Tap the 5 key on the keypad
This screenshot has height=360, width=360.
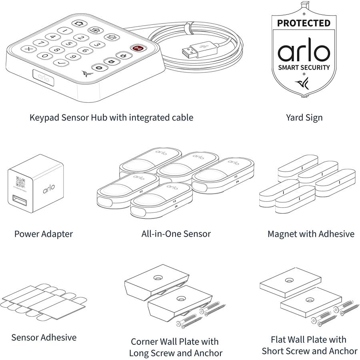coord(68,44)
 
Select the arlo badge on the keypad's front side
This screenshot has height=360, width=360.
coord(44,77)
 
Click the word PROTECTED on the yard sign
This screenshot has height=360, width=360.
coord(304,23)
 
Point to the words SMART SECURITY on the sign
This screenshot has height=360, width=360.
coord(304,67)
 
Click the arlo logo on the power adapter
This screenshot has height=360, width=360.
coord(49,189)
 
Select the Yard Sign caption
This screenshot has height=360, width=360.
coord(304,118)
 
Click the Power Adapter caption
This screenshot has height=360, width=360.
coord(44,234)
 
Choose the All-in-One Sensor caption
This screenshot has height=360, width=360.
coord(176,234)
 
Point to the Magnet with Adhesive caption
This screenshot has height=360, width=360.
coord(311,234)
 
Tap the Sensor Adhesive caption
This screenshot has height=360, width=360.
coord(44,337)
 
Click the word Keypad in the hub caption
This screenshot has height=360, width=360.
coord(44,118)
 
